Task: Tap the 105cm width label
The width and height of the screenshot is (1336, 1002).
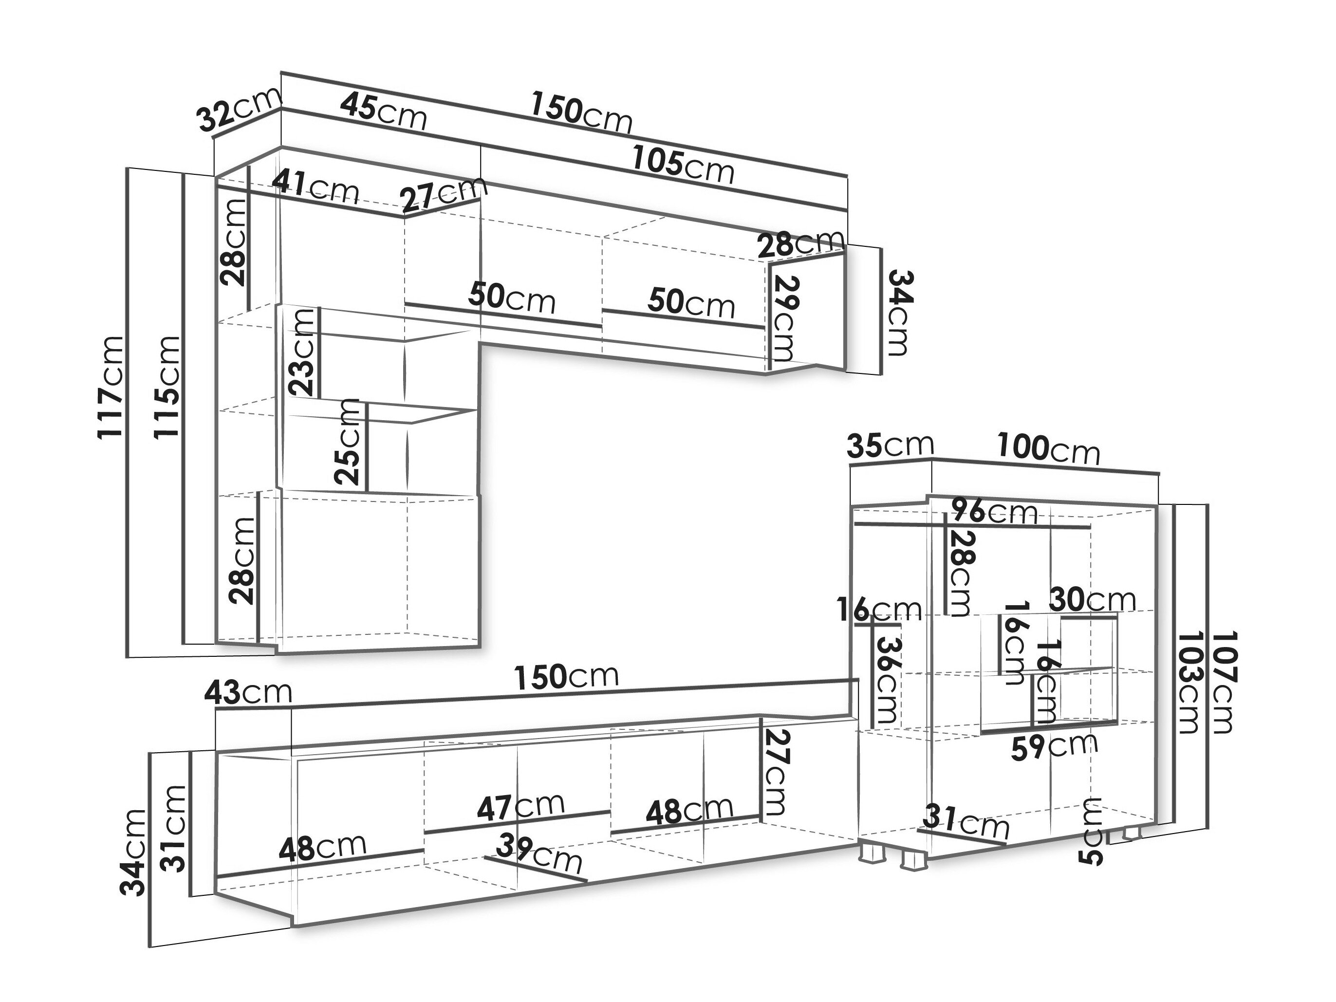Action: click(x=683, y=165)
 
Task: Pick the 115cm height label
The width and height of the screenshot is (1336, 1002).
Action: click(x=166, y=387)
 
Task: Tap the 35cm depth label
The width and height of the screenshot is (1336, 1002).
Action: click(x=891, y=445)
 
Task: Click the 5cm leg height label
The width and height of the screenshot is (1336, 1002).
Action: click(x=1093, y=832)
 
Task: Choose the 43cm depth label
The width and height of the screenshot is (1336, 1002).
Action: click(x=248, y=692)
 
